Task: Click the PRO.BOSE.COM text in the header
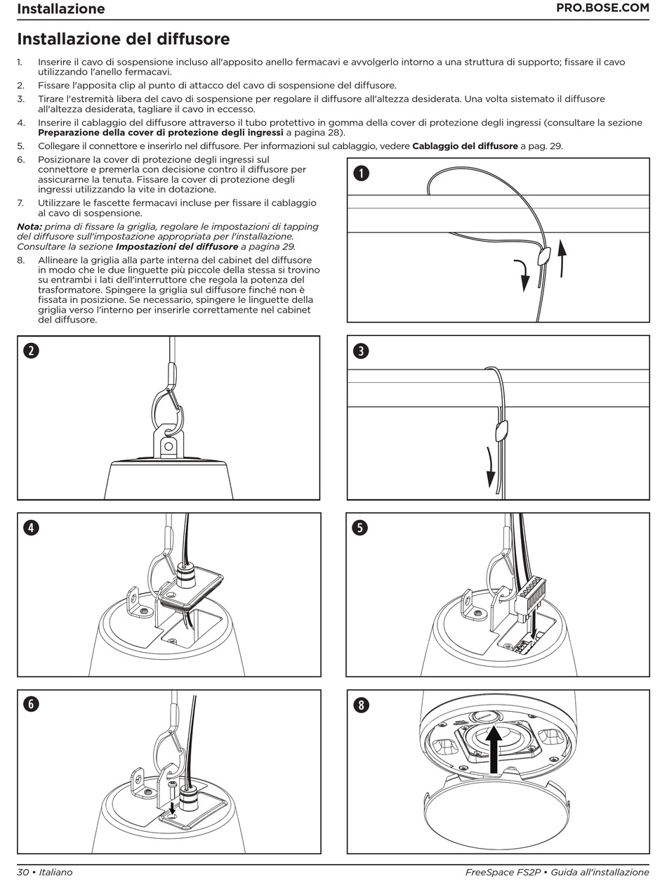coord(602,8)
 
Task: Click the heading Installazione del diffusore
coord(123,39)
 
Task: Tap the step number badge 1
coord(361,174)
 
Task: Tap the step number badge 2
coord(31,351)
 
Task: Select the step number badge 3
coord(361,351)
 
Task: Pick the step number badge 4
coord(31,528)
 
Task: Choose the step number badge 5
coord(361,528)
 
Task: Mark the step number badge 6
coord(31,704)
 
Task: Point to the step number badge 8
coord(361,704)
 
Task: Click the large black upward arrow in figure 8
coord(495,750)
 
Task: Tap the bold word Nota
coord(29,226)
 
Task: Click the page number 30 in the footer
coord(22,872)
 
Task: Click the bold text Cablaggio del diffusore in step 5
coord(464,146)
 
